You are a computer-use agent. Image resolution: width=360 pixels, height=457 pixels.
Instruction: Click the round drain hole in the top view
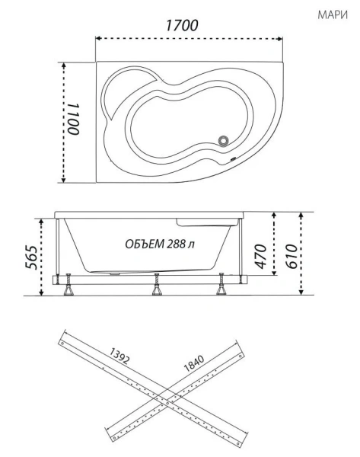tap(225, 139)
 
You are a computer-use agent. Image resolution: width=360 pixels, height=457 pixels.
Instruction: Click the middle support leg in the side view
tap(157, 286)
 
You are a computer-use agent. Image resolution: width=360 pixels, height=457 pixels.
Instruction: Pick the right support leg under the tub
tap(222, 286)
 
